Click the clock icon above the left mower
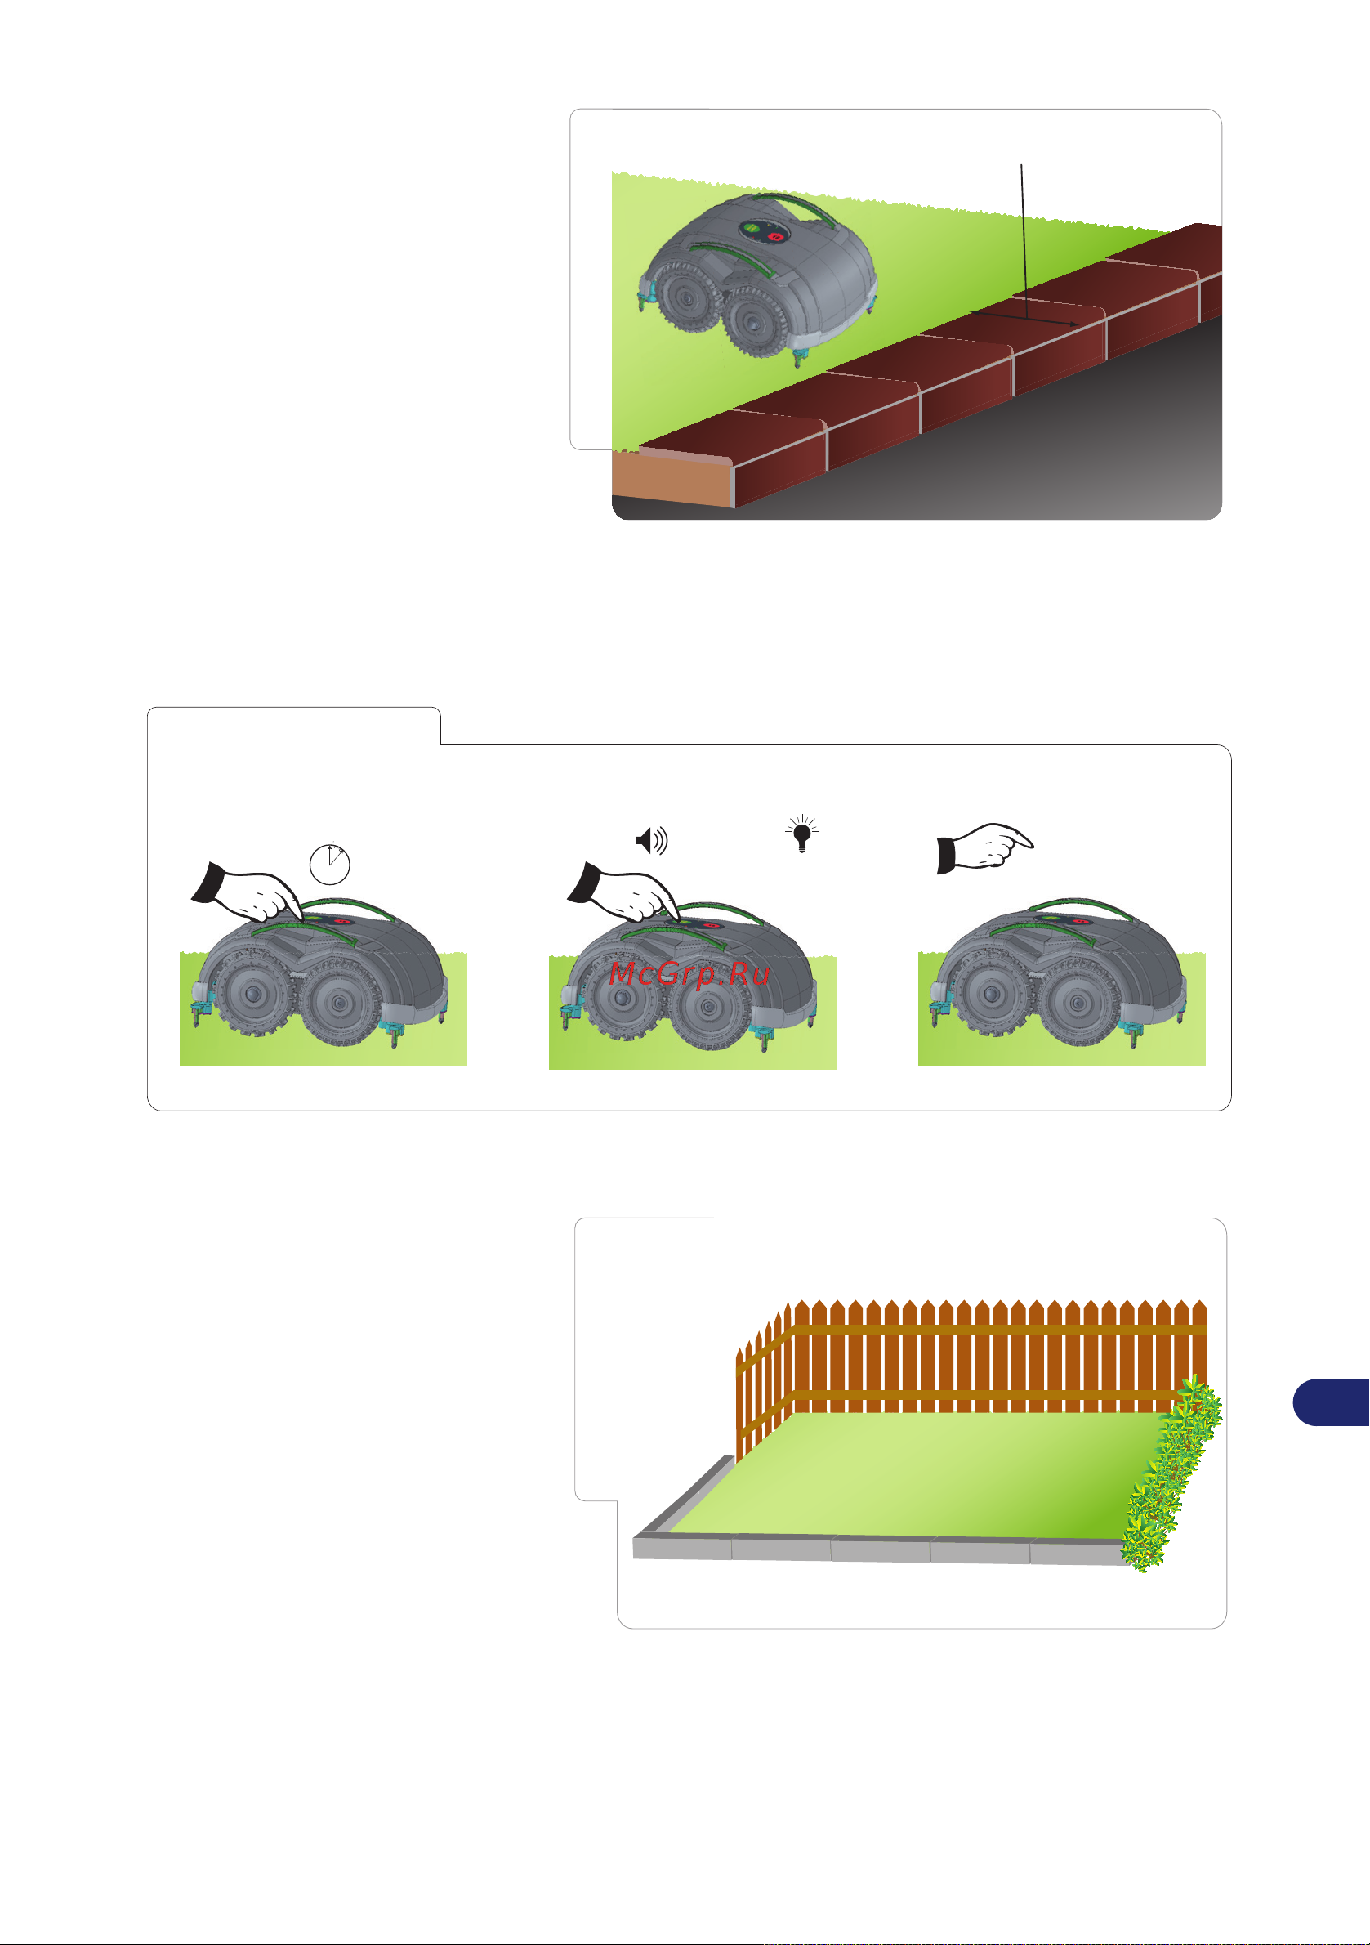click(x=330, y=864)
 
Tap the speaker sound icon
click(x=652, y=840)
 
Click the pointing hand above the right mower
click(x=984, y=847)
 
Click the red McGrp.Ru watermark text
click(x=689, y=974)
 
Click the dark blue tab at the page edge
click(x=1331, y=1402)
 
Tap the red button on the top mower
click(x=774, y=236)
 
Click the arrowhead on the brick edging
click(x=1073, y=324)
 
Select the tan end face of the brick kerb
click(x=672, y=480)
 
